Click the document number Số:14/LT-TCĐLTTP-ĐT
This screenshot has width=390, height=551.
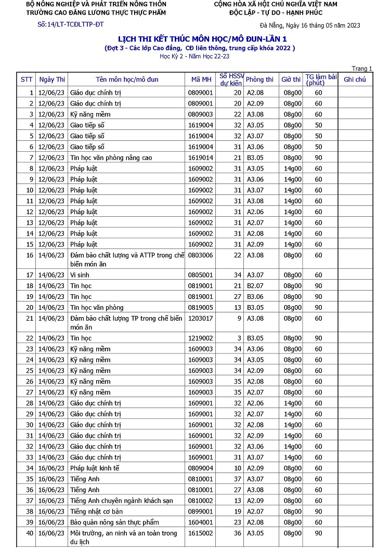[x=71, y=24]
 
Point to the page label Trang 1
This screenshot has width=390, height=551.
[x=362, y=69]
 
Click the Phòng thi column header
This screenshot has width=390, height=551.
[x=259, y=80]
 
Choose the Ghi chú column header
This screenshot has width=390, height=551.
[x=355, y=80]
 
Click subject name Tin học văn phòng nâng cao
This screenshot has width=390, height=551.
[x=111, y=158]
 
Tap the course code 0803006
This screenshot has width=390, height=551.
[x=200, y=255]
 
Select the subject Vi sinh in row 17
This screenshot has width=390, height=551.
[x=80, y=275]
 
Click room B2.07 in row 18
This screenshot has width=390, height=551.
[x=255, y=286]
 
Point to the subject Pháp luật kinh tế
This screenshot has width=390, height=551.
[x=95, y=468]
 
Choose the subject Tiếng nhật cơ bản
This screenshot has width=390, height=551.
[x=96, y=511]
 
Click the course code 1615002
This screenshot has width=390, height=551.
[x=200, y=533]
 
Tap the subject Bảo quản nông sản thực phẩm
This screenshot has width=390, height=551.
[x=114, y=522]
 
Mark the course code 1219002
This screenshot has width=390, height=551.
[x=200, y=338]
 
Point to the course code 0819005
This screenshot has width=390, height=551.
[x=200, y=308]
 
